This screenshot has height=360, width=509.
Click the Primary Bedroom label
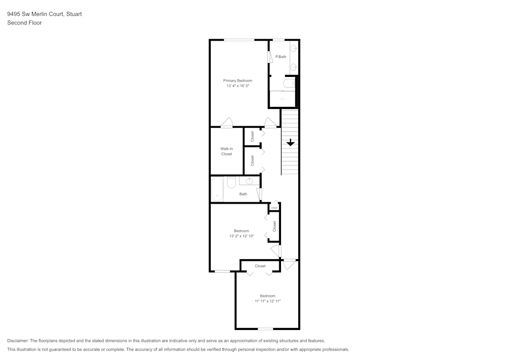(238, 80)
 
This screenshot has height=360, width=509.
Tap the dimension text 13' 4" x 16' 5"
(238, 86)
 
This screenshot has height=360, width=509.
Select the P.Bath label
(280, 57)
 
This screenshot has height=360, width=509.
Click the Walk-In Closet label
(227, 151)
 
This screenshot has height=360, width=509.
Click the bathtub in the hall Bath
(217, 189)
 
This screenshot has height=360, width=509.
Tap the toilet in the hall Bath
(231, 182)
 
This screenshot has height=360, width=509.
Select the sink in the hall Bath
(249, 181)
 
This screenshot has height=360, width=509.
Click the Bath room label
(243, 194)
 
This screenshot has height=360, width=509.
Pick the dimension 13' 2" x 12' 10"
(241, 236)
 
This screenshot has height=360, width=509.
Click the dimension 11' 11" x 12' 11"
(268, 301)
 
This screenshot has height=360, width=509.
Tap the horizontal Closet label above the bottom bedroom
(260, 266)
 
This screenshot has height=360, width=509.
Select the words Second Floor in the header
(24, 23)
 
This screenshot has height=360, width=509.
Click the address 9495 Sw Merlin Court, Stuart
(44, 14)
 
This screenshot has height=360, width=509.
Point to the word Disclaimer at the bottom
(18, 341)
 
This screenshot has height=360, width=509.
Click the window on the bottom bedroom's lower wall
(265, 329)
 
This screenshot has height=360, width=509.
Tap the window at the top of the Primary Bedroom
(239, 40)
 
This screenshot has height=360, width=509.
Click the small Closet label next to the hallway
(274, 208)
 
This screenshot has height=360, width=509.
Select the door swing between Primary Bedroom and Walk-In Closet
(227, 123)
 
